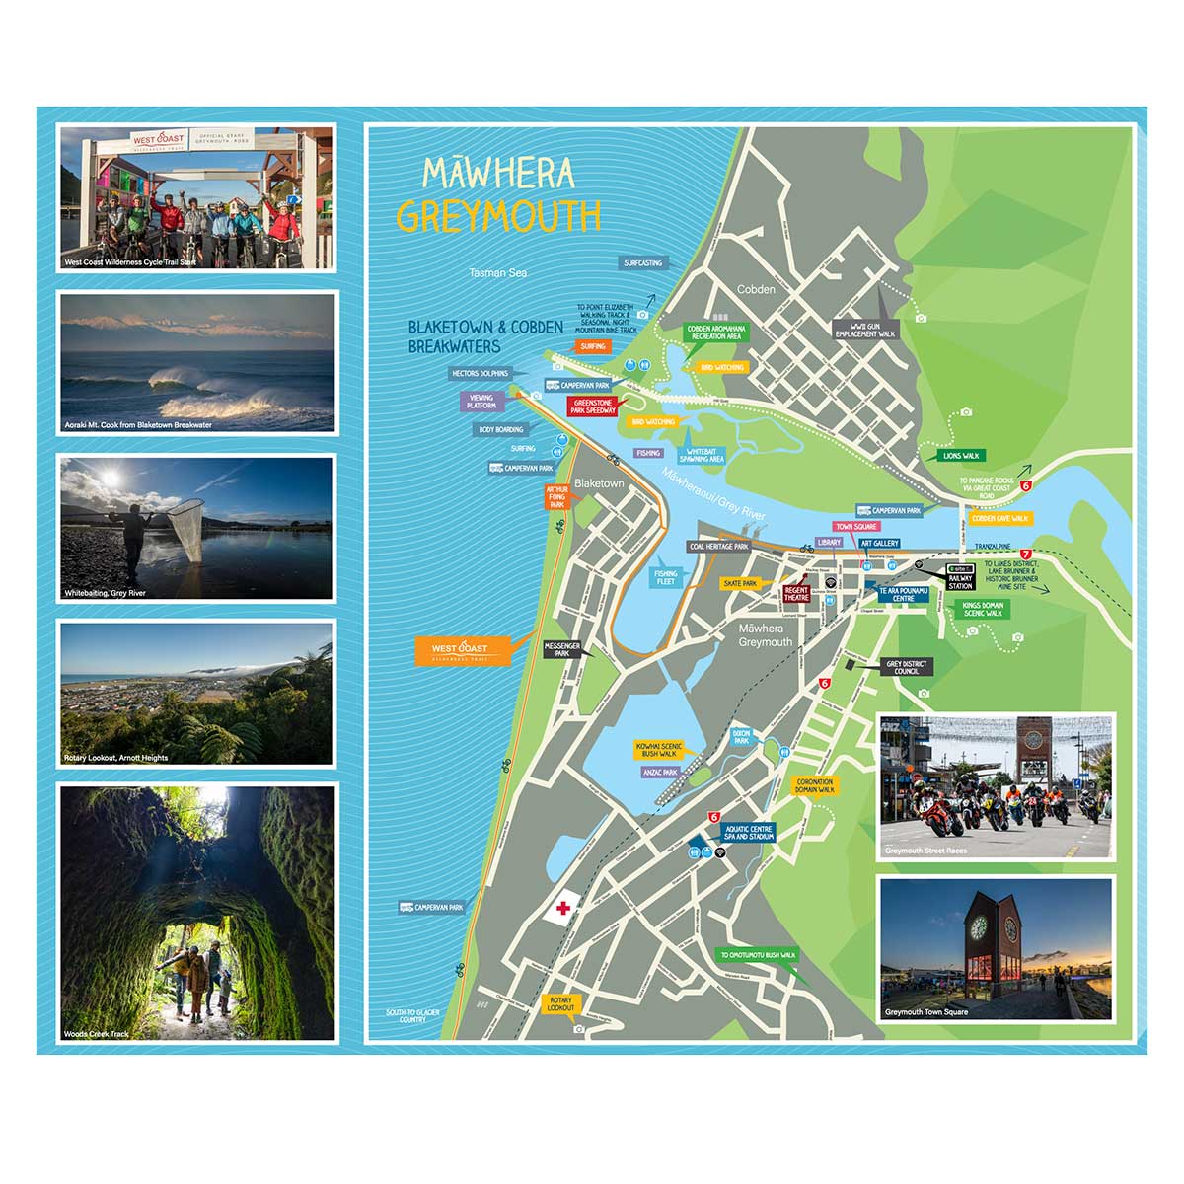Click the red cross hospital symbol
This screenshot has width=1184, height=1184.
click(x=563, y=908)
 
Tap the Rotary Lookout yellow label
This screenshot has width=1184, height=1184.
click(x=559, y=1003)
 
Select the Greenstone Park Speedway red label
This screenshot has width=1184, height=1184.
click(x=593, y=407)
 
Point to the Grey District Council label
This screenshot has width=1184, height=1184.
click(x=906, y=668)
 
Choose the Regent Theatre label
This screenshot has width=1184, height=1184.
click(x=796, y=594)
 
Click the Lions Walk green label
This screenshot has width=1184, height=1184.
click(x=960, y=456)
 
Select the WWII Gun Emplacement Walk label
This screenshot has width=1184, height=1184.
click(x=864, y=330)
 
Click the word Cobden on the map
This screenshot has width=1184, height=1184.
click(x=756, y=289)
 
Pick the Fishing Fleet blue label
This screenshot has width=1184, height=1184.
click(x=666, y=577)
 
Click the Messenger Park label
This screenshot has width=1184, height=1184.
click(x=561, y=649)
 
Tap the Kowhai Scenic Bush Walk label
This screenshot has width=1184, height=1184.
click(x=658, y=749)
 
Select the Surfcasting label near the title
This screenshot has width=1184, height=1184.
click(x=642, y=263)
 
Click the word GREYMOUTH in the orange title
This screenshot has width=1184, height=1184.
click(x=498, y=216)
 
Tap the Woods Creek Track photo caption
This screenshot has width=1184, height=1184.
click(x=97, y=1034)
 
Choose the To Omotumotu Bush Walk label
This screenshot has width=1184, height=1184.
click(x=758, y=955)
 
